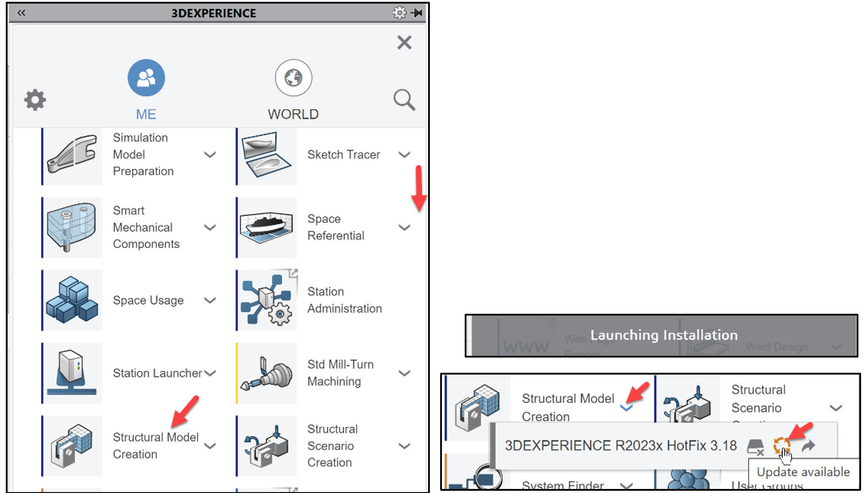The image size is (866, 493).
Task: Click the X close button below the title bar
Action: coord(404,42)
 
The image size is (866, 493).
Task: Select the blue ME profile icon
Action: coord(146,78)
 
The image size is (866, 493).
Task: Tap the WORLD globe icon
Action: coord(293,78)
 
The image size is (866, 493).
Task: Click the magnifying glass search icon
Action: coord(404,99)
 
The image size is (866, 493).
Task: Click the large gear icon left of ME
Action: coord(35,100)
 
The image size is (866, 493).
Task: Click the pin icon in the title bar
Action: coord(417,13)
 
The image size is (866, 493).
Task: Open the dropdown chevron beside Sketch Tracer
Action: coord(404,155)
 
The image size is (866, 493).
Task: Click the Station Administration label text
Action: coord(344,300)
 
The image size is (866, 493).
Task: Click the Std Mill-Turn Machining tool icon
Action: coord(266,373)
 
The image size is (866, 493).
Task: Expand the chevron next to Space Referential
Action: coord(404,228)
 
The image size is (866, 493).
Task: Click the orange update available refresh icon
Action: coord(781,445)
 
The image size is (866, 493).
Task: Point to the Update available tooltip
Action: coord(803,472)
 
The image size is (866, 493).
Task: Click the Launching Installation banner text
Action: coord(663,335)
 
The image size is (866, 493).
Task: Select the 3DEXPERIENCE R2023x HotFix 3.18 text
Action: coord(620,445)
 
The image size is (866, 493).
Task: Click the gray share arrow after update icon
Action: coord(808,445)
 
